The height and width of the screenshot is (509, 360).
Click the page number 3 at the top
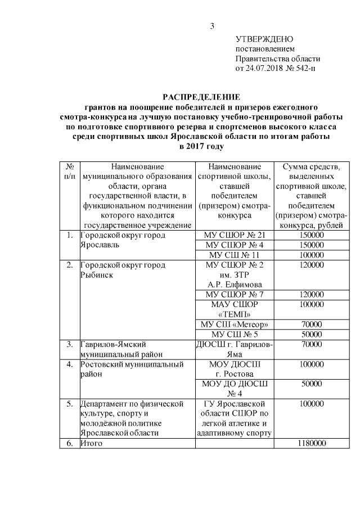click(x=211, y=26)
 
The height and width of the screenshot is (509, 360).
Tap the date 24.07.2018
click(x=266, y=69)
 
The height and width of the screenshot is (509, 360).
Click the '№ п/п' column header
click(x=70, y=171)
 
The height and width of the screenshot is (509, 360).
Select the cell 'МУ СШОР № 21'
click(x=234, y=235)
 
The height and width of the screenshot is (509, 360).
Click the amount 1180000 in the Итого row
click(x=311, y=444)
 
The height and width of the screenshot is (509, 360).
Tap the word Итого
click(x=92, y=444)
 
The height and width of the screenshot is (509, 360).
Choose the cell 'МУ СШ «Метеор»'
click(x=234, y=325)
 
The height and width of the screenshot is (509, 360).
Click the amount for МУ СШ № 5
click(x=311, y=335)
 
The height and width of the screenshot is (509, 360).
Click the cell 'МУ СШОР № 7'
click(x=234, y=294)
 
